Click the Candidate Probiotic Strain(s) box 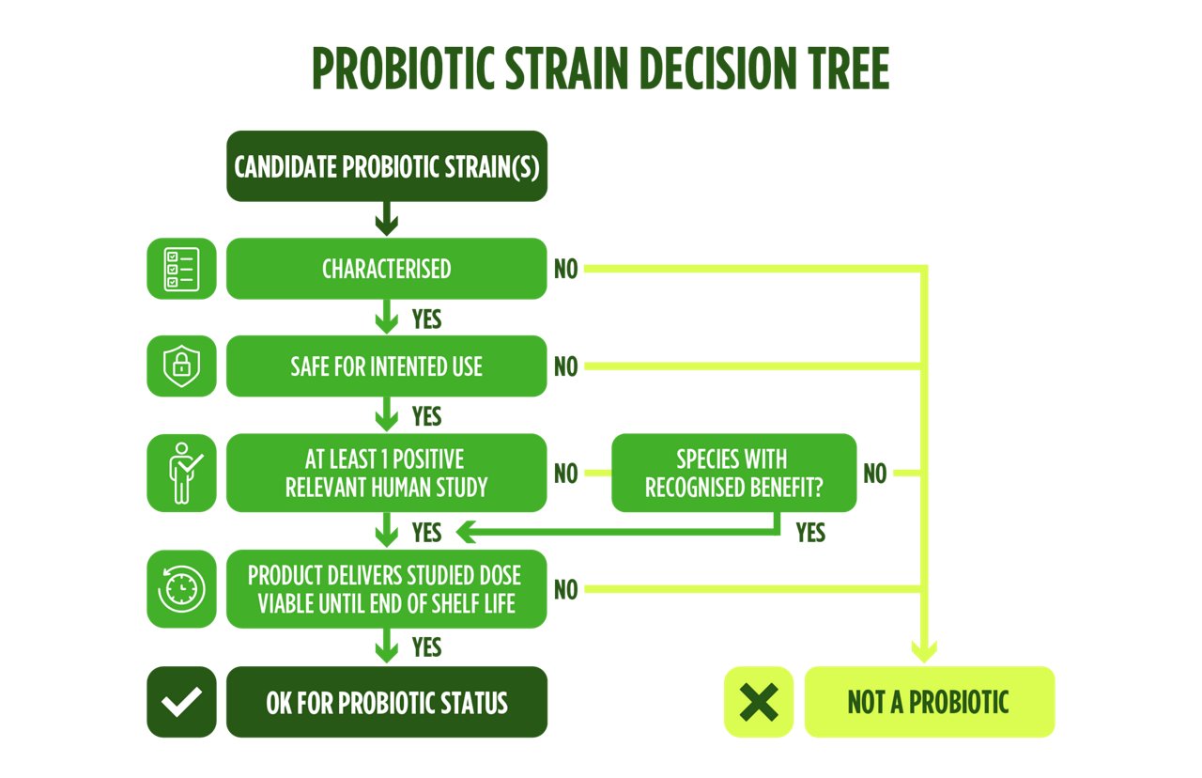point(386,166)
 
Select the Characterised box point(386,269)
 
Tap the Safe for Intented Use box point(386,366)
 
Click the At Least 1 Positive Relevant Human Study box point(386,473)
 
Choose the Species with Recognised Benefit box point(733,473)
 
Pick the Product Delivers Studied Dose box point(386,589)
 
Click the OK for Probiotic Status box point(386,702)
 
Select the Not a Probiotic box point(929,702)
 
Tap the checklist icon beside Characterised point(181,269)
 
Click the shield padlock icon point(181,366)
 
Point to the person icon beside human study point(181,473)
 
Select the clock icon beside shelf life point(181,589)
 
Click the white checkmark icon point(181,702)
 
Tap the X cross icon point(758,702)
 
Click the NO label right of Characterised point(566,270)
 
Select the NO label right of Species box point(874,474)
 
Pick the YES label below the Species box point(810,533)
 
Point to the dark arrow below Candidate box point(386,222)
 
